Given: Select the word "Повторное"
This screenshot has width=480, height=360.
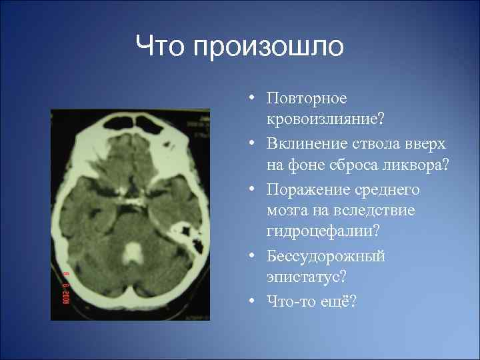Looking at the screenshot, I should tap(307, 99).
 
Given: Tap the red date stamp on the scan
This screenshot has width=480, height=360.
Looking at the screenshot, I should tap(67, 287).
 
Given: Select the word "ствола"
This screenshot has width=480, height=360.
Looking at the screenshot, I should tap(372, 144).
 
